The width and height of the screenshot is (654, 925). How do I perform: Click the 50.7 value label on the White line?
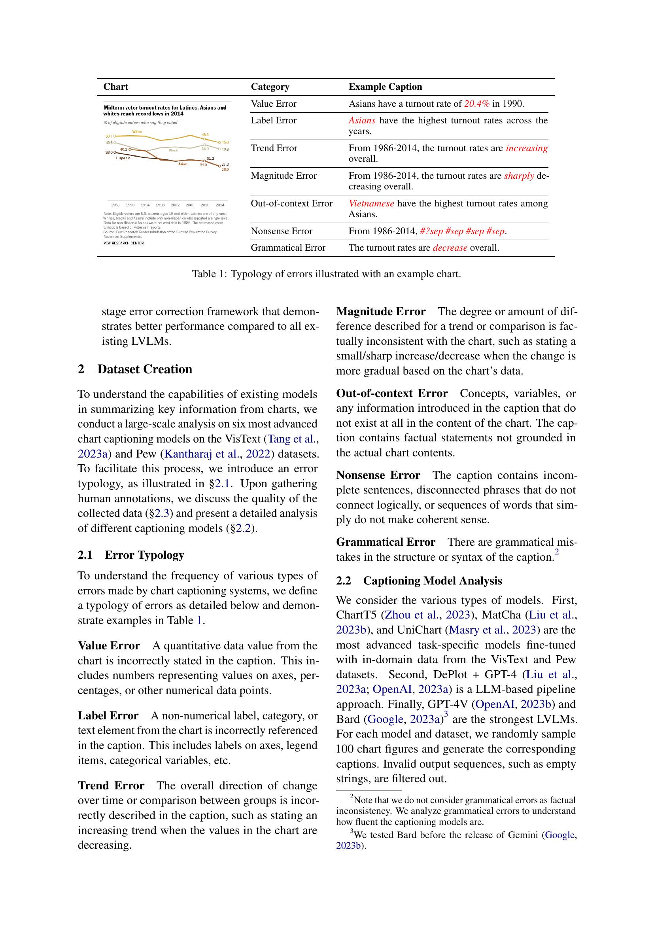108,136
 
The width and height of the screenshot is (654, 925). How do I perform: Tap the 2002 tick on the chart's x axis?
175,205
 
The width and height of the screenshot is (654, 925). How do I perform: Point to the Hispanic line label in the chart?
123,158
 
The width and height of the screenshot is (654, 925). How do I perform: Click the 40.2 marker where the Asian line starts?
130,149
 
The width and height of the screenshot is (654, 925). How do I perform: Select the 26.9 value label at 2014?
225,169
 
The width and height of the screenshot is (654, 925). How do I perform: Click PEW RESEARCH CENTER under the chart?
123,243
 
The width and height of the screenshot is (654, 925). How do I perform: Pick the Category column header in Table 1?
270,87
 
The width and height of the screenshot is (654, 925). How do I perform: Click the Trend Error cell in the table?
274,148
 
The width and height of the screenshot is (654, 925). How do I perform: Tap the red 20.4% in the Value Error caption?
476,104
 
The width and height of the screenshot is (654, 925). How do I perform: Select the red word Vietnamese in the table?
371,203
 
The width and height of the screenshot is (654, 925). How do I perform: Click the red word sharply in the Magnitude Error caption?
519,176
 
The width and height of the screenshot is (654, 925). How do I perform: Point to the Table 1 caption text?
326,274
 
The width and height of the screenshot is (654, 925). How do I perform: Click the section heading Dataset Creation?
145,369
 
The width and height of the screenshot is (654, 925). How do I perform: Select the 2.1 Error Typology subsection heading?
131,555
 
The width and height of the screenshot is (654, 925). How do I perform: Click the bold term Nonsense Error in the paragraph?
378,475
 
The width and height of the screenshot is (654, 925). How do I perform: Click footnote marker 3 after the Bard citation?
446,716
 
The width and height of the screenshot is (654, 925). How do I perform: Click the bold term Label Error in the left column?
108,715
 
